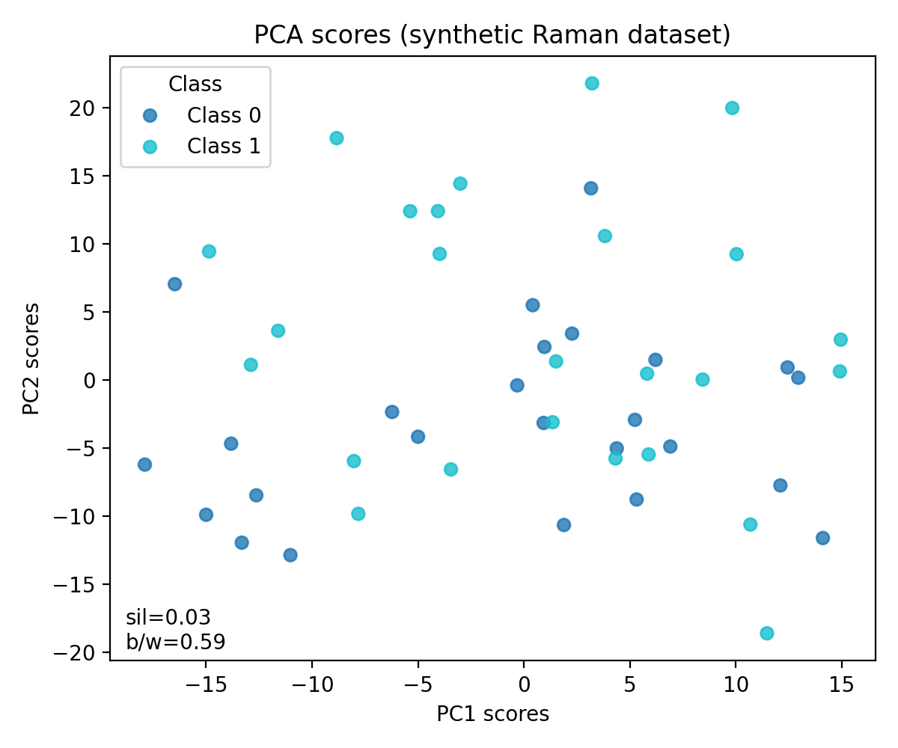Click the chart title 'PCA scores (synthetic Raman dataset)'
click(x=492, y=35)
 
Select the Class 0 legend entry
click(x=224, y=115)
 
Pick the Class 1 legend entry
click(x=224, y=147)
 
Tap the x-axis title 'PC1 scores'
click(x=492, y=714)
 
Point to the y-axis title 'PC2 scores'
click(x=31, y=359)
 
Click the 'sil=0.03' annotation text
click(x=168, y=618)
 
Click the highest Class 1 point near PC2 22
click(x=592, y=83)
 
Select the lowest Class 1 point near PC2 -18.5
click(x=766, y=634)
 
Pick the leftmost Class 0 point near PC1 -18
click(x=144, y=465)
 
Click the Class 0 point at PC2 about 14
click(x=590, y=188)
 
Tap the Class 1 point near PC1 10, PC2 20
click(x=732, y=108)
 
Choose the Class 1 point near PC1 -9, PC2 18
click(x=337, y=138)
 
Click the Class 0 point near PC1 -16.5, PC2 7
click(x=174, y=284)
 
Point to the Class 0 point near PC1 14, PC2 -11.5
click(x=822, y=538)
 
